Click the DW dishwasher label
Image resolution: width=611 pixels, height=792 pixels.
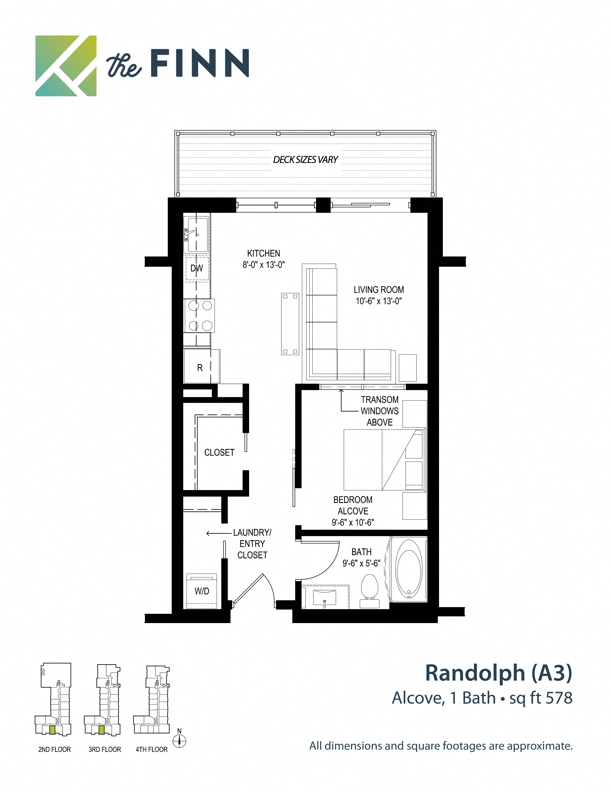coord(197,268)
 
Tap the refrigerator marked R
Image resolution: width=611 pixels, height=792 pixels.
coord(200,367)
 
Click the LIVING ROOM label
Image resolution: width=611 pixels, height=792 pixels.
coord(379,290)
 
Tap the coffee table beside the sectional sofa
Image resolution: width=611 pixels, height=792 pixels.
coord(290,324)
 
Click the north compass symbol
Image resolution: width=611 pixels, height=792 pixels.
coord(180,741)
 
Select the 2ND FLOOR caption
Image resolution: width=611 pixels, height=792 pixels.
coord(54,750)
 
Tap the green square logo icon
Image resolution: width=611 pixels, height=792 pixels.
coord(66,66)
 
